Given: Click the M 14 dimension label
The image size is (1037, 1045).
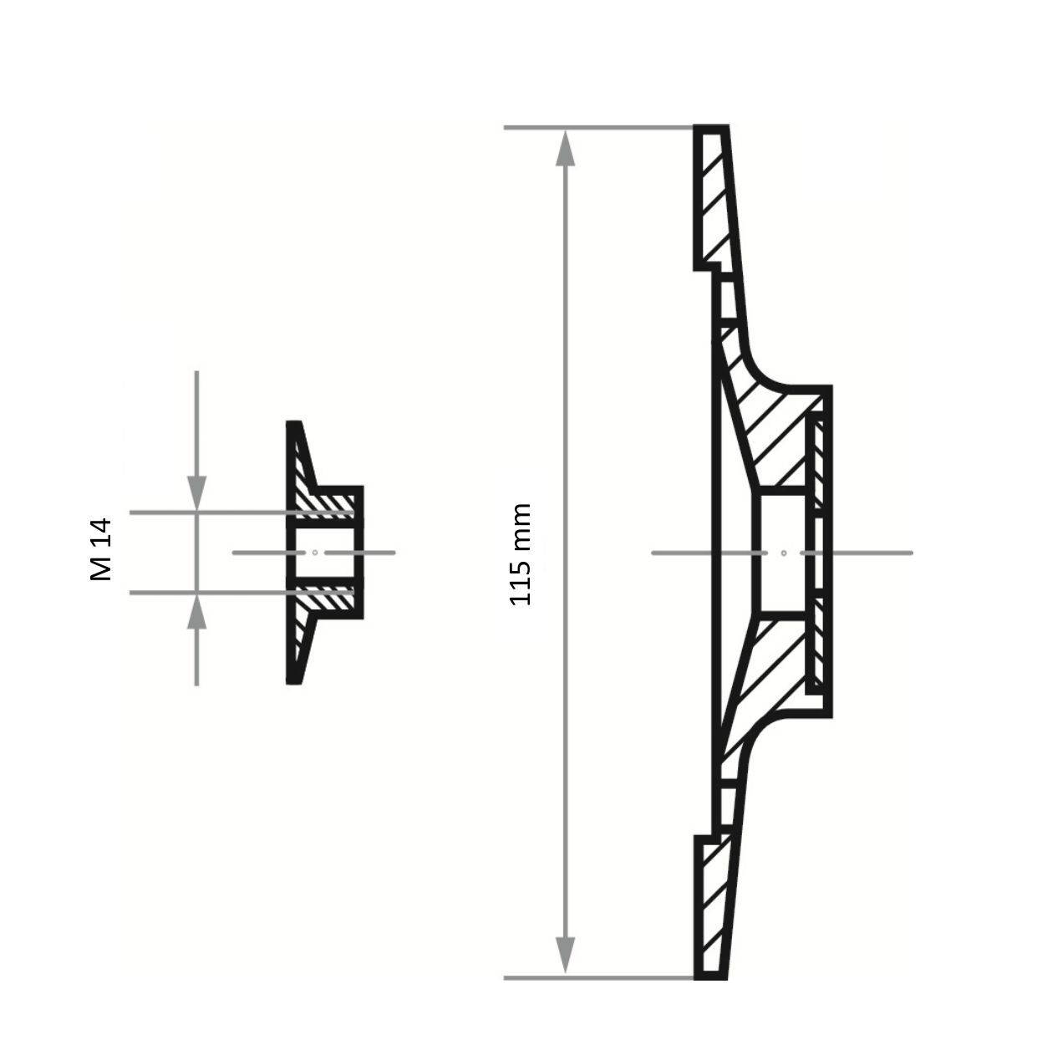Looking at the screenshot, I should (100, 549).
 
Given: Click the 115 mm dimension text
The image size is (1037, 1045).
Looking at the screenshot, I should (521, 554).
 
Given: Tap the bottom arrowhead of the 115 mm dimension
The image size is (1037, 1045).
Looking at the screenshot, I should (566, 956).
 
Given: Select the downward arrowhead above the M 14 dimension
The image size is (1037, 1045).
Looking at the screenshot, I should (196, 493).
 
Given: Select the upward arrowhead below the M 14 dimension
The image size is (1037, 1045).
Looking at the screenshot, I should (196, 611).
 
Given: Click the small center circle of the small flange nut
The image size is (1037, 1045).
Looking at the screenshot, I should (314, 552).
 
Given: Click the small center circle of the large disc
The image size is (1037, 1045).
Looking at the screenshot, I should (783, 553).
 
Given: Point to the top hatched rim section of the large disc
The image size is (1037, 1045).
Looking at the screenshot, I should (714, 201).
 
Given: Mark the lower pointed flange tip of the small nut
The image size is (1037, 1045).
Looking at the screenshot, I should (293, 679).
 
